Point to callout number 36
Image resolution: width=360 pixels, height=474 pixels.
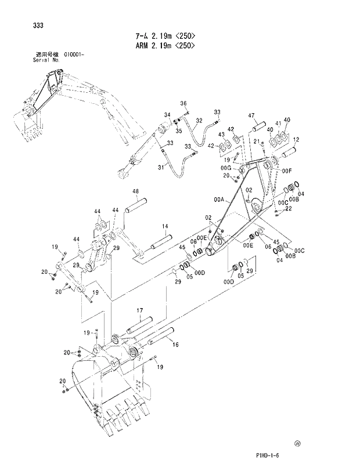click(183, 103)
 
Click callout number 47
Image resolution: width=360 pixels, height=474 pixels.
click(252, 116)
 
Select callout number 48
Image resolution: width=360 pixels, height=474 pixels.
click(135, 191)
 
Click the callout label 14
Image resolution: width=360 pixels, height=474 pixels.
click(165, 226)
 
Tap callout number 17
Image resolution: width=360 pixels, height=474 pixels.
click(140, 310)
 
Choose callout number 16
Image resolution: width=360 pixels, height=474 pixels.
click(175, 344)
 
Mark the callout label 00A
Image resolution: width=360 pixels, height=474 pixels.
click(218, 199)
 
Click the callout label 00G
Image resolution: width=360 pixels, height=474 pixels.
click(227, 168)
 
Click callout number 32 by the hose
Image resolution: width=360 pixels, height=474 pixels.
click(199, 121)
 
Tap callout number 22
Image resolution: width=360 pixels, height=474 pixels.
click(288, 209)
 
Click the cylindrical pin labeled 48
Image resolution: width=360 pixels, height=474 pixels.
click(139, 205)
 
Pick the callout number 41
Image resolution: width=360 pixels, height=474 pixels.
click(279, 123)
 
